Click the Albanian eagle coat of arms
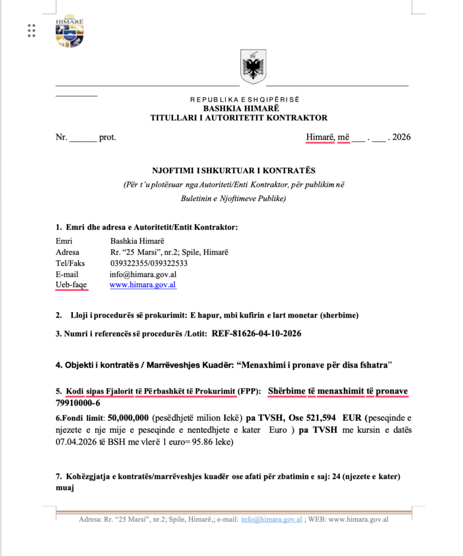click(253, 66)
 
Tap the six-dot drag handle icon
click(31, 30)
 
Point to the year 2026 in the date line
click(401, 137)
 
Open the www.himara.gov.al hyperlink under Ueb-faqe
click(143, 285)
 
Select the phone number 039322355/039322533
click(149, 263)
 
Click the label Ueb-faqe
click(71, 285)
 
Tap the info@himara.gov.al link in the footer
click(271, 519)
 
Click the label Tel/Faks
click(71, 263)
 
